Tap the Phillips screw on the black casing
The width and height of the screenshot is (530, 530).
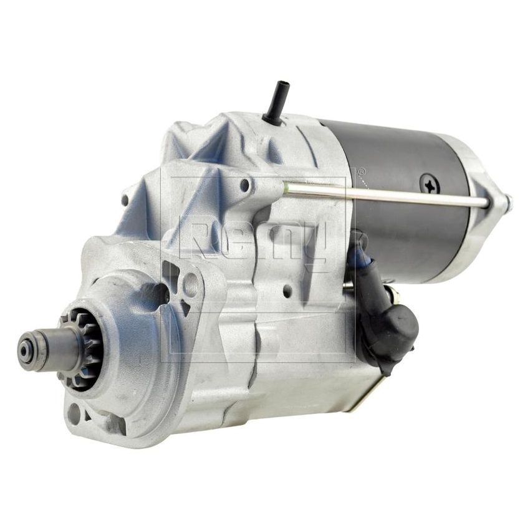coord(430,183)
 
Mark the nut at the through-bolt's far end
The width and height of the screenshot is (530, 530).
coord(506,203)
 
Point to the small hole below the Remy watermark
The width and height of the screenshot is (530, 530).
coord(286,291)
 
